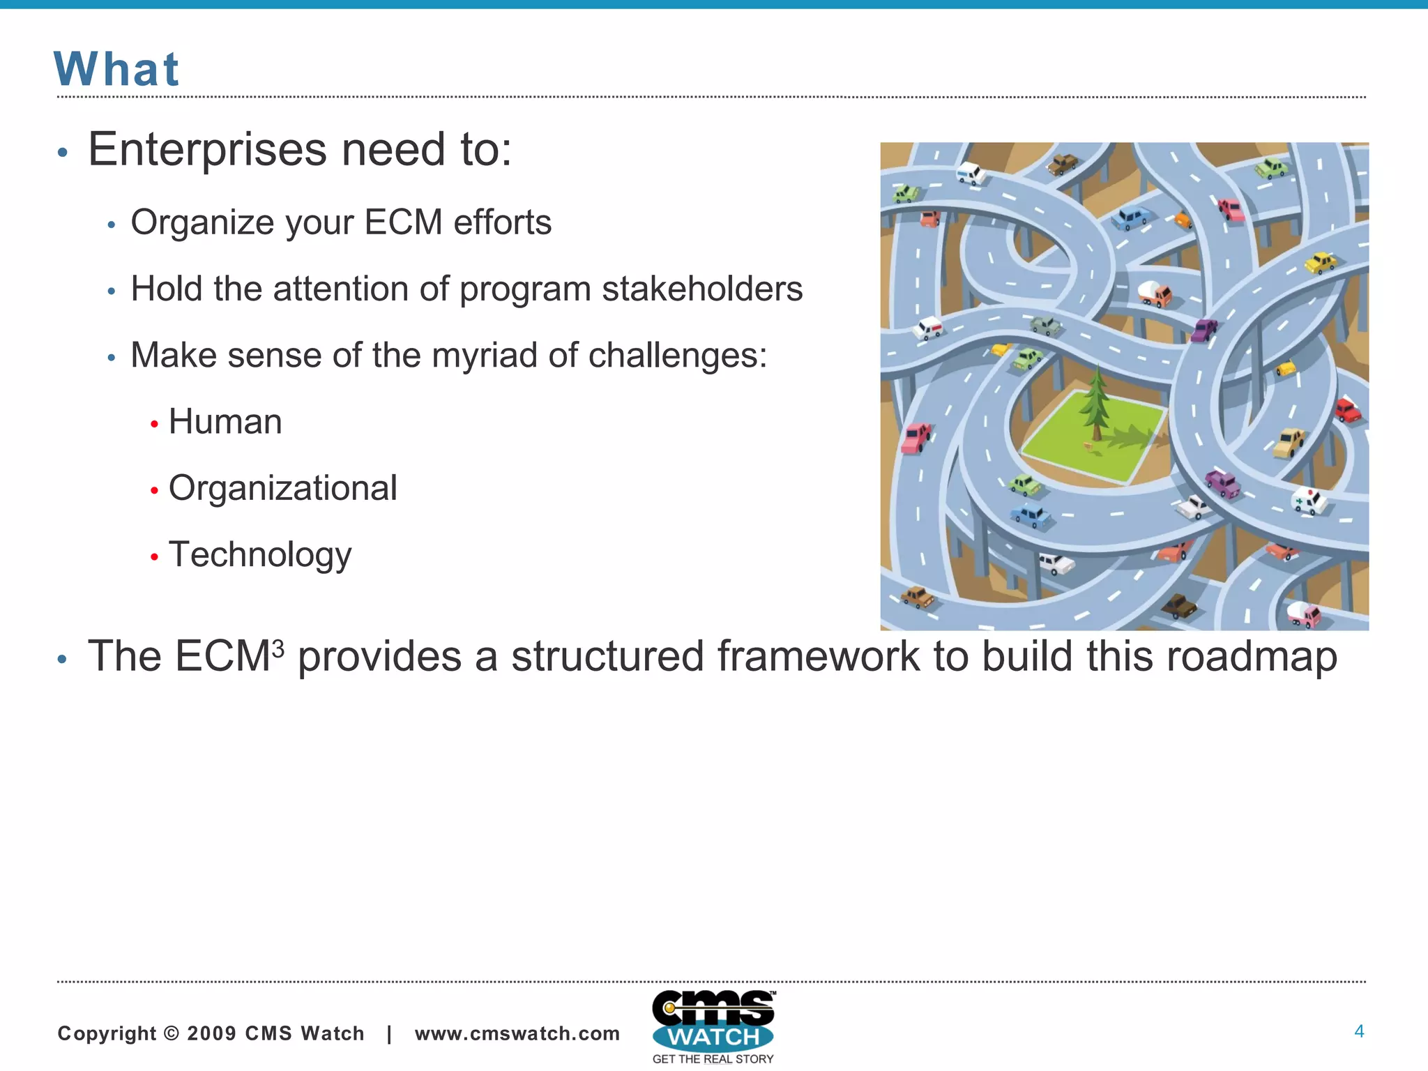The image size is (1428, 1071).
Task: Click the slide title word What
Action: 116,70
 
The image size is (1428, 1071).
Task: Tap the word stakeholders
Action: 702,289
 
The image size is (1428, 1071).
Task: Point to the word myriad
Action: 485,355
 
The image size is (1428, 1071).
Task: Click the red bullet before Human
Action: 154,424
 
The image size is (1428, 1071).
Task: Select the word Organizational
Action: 282,488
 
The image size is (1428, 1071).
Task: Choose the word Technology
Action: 260,555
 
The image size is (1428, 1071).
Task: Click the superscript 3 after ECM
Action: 278,648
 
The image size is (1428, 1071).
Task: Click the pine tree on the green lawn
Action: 1097,404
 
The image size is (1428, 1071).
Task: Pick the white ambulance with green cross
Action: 1309,501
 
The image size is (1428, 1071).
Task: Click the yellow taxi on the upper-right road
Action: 1320,263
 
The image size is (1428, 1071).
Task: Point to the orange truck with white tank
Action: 1155,293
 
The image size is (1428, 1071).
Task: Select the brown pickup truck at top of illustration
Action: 1063,165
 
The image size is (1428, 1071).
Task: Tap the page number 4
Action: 1358,1031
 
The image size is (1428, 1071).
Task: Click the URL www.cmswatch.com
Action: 517,1033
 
